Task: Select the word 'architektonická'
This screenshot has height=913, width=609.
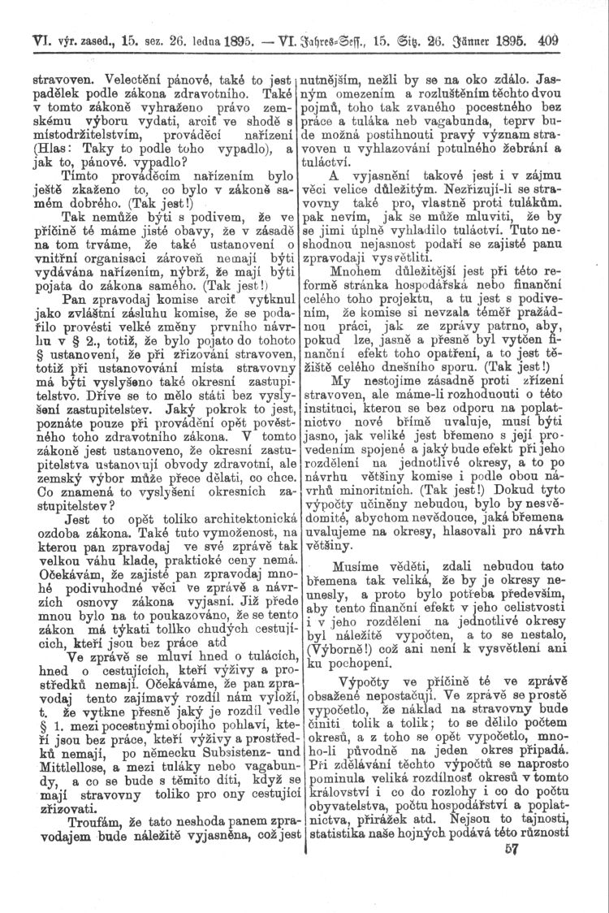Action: pyautogui.click(x=231, y=539)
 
